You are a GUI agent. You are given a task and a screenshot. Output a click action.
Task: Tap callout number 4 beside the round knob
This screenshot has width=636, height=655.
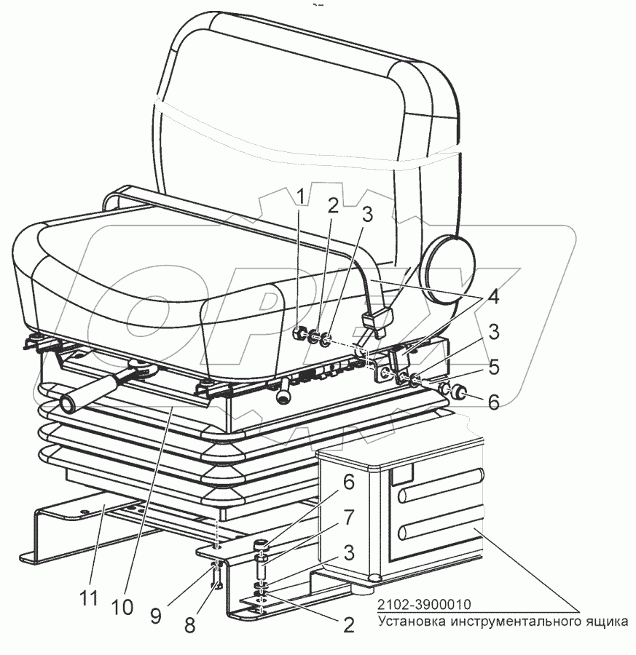click(493, 297)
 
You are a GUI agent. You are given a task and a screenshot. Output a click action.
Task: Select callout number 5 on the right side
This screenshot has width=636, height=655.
click(493, 367)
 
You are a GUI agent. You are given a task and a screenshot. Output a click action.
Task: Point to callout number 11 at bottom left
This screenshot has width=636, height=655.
click(90, 598)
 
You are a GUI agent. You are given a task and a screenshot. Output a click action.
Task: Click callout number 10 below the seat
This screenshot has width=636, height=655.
click(122, 607)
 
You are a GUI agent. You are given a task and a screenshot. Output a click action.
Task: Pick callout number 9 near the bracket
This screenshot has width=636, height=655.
click(156, 616)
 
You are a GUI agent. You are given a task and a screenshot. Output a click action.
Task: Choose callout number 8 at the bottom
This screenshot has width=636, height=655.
click(189, 625)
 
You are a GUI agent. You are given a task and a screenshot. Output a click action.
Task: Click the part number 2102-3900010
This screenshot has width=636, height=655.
click(423, 604)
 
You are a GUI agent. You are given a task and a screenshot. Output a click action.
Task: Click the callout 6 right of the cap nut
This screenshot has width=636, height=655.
click(493, 402)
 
